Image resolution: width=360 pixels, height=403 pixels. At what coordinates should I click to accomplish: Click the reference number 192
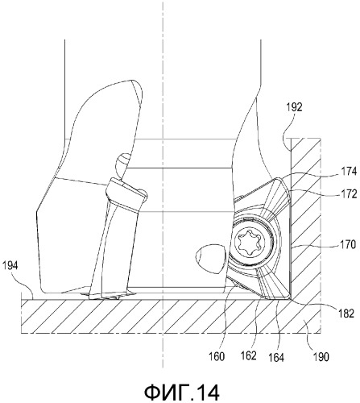[294, 107]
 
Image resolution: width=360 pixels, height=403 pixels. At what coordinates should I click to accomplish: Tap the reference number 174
[348, 171]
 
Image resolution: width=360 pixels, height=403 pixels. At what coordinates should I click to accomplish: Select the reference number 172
[348, 194]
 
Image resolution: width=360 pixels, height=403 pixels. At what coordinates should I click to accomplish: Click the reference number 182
[346, 314]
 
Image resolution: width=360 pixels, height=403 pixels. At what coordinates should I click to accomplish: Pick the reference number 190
[320, 357]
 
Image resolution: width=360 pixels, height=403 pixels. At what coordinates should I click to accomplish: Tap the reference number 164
[276, 358]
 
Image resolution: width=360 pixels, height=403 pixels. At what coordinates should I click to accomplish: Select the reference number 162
[249, 355]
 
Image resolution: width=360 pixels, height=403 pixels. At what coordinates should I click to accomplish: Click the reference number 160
[217, 357]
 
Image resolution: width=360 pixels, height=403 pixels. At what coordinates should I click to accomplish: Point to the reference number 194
[10, 266]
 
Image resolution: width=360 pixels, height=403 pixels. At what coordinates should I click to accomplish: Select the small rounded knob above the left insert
[122, 164]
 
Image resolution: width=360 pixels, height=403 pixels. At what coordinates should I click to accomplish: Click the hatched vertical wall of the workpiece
[305, 215]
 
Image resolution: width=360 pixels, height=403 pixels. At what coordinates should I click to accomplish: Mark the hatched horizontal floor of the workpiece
[171, 316]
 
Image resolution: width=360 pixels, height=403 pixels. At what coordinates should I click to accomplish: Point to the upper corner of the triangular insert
[279, 180]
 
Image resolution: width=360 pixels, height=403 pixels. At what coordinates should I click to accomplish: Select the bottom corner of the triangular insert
[289, 298]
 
